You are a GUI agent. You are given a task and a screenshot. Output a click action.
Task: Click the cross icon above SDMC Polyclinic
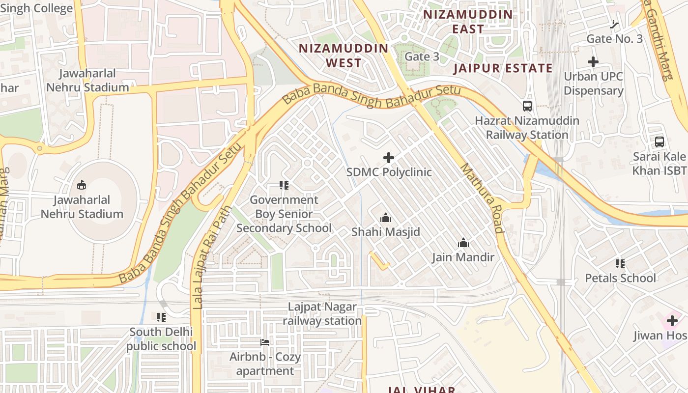pos(389,158)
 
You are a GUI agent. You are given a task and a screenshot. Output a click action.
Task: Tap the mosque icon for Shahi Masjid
pos(386,217)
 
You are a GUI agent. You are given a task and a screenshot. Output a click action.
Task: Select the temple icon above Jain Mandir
pos(463,243)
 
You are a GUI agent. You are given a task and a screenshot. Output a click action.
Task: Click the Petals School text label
pos(620,278)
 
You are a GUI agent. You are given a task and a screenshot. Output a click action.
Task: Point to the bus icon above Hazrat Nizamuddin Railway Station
pos(527,106)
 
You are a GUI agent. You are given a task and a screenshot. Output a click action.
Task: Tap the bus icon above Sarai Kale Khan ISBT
pos(659,142)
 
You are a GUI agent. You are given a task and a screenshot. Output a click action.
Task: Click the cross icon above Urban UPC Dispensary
pos(593,62)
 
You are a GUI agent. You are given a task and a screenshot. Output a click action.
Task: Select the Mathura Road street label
pos(482,198)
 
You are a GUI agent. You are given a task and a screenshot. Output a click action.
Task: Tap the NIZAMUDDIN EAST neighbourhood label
pos(468,22)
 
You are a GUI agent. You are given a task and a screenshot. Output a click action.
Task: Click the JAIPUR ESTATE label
pos(503,68)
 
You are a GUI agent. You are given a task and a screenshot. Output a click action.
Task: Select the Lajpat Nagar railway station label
pos(322,314)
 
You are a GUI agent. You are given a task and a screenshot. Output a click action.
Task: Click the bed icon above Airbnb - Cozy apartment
pos(265,342)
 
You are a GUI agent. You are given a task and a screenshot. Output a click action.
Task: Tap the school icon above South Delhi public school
pos(161,317)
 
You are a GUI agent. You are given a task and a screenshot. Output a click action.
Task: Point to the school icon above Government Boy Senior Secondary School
pos(284,185)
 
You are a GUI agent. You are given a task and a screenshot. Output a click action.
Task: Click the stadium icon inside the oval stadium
pos(82,185)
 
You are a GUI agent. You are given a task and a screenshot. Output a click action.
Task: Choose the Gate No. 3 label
pos(614,39)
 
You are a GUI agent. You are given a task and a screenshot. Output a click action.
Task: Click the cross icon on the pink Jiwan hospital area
pos(672,321)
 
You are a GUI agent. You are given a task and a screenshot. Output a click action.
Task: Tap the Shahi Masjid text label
pos(386,231)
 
